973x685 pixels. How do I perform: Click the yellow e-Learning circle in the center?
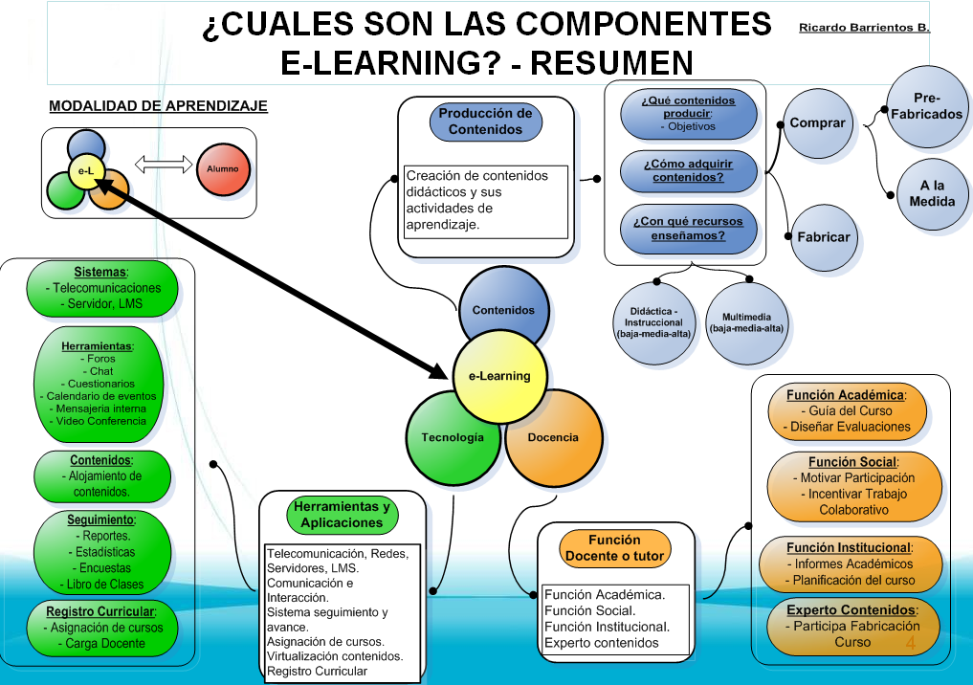[x=498, y=376]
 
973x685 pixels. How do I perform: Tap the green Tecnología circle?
[x=452, y=437]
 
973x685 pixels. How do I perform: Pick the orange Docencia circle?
[x=553, y=437]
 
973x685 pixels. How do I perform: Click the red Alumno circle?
[x=222, y=169]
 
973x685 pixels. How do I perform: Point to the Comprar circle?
[x=817, y=123]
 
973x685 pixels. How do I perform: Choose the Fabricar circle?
[x=822, y=237]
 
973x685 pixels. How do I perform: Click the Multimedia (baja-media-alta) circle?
[x=746, y=322]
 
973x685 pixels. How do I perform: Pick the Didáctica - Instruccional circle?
[x=653, y=322]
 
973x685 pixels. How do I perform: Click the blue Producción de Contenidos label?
[x=485, y=122]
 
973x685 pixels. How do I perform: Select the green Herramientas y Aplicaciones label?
[x=342, y=515]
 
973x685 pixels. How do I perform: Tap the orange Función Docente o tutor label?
[x=614, y=548]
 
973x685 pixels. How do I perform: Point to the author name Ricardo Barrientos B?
[x=864, y=28]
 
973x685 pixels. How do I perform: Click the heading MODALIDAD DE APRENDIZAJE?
[x=158, y=106]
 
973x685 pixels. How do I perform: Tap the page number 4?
[x=910, y=643]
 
